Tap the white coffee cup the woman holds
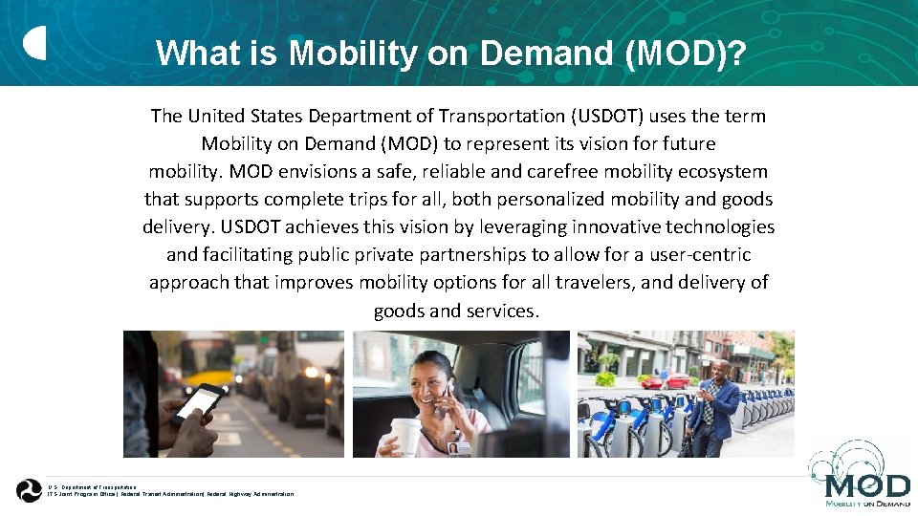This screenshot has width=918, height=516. tap(405, 436)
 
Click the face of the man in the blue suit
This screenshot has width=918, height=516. tap(721, 371)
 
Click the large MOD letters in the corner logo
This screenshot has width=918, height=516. tap(860, 486)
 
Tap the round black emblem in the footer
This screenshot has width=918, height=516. tap(29, 490)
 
